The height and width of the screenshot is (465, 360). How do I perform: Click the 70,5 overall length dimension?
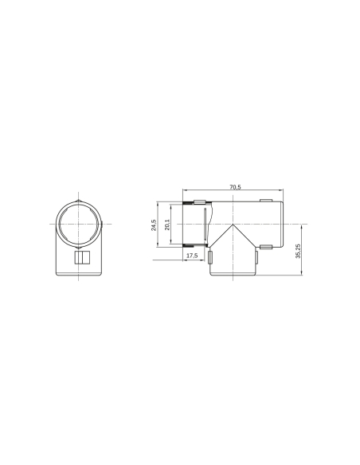tap(235, 187)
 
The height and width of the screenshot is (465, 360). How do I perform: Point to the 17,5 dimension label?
tap(191, 256)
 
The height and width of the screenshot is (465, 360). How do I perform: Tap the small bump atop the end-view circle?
tap(80, 199)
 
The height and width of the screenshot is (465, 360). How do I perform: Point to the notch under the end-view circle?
tap(80, 248)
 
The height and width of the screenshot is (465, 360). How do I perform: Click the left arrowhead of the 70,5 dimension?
tap(185, 192)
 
